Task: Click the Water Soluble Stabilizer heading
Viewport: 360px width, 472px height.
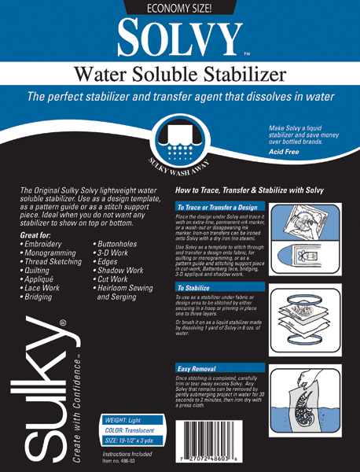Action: pyautogui.click(x=180, y=76)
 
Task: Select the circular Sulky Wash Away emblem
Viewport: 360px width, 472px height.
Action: pyautogui.click(x=180, y=141)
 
